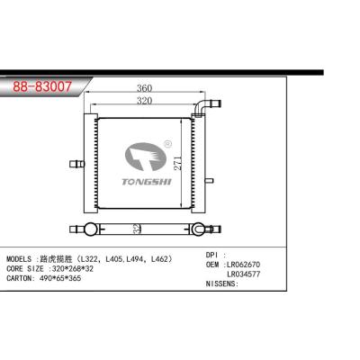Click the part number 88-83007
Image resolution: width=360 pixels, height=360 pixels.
(x=42, y=86)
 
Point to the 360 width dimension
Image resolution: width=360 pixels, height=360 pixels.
(x=145, y=88)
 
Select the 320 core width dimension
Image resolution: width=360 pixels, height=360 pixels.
(x=145, y=101)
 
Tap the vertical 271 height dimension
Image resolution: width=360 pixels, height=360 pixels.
(x=178, y=163)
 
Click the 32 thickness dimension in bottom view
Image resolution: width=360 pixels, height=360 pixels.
(x=137, y=229)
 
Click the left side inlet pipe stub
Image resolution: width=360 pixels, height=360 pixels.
(x=76, y=164)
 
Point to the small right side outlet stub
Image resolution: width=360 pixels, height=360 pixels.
(x=209, y=181)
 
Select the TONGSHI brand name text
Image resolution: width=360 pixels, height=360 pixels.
(x=147, y=182)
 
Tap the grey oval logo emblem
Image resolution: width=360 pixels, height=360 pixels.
(x=146, y=157)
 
